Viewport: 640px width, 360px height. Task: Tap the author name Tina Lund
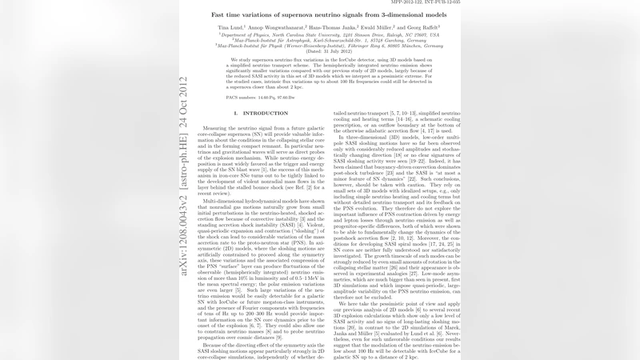231,27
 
